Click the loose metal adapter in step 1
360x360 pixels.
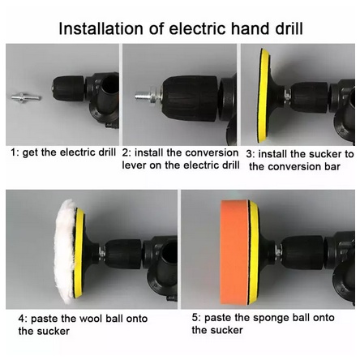pos(26,97)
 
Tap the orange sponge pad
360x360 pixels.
pos(234,252)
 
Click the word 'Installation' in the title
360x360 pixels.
pos(101,28)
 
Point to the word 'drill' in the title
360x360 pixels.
pos(289,28)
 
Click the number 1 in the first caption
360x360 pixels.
pos(14,152)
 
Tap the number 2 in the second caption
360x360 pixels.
pos(126,153)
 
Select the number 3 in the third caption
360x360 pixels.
pos(249,154)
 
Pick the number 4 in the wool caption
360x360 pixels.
pos(22,319)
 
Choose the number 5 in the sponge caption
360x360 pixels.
pos(195,317)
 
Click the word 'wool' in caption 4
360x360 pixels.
pos(88,319)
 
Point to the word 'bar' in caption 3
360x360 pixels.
pos(332,166)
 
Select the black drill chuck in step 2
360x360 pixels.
pos(190,98)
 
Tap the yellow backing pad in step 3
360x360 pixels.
pos(264,96)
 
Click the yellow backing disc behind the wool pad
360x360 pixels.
pos(79,253)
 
